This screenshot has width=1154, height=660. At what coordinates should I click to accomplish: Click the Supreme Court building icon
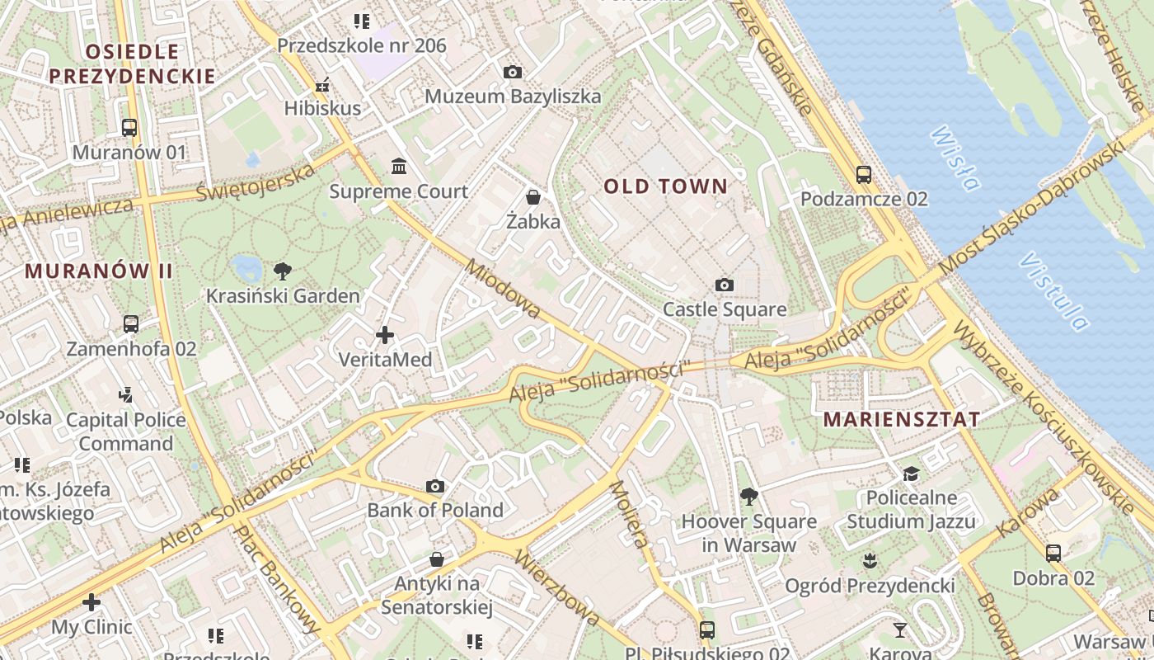[x=400, y=167]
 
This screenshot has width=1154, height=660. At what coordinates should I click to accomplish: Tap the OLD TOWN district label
[x=666, y=186]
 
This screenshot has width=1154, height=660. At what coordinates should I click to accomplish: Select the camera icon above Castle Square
[x=725, y=285]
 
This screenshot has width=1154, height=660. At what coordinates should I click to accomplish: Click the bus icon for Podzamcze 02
[x=864, y=175]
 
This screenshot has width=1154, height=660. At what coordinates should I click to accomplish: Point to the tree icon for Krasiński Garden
[x=283, y=271]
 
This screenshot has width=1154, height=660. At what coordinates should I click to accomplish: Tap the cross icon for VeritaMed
[x=384, y=335]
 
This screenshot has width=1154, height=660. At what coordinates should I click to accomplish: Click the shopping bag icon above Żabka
[x=533, y=197]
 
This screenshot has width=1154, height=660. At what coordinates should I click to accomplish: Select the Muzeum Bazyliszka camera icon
[x=512, y=73]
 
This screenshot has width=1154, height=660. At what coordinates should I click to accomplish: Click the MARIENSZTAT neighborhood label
[x=902, y=419]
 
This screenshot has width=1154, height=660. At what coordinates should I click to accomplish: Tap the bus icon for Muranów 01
[x=129, y=128]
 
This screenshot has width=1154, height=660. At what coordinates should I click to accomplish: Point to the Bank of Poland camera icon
[x=435, y=486]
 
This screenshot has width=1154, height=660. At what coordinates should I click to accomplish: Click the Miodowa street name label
[x=503, y=289]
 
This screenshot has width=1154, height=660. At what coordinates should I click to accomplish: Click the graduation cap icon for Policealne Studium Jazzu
[x=911, y=474]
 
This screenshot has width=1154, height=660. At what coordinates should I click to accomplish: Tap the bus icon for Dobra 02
[x=1053, y=554]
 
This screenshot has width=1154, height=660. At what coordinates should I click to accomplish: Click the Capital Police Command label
[x=126, y=431]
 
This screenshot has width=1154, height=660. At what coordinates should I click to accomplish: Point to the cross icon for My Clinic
[x=91, y=602]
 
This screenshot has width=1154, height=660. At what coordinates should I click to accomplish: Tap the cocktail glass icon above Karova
[x=900, y=630]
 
